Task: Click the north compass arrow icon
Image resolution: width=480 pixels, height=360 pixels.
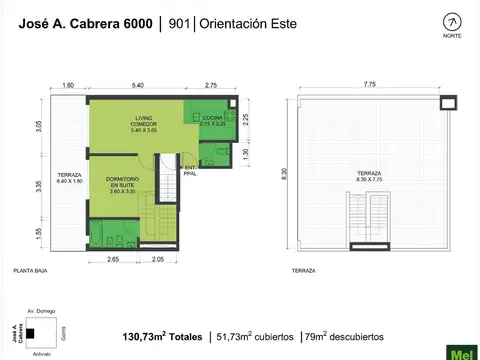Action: click(452, 22)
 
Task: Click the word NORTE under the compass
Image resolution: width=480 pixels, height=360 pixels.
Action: click(452, 37)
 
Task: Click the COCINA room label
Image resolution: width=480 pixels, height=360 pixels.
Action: click(212, 120)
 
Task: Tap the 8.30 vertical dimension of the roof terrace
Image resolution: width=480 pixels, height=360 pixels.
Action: click(285, 175)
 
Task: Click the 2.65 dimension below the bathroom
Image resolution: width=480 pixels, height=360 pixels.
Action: click(112, 260)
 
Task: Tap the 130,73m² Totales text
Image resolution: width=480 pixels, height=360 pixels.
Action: click(162, 335)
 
